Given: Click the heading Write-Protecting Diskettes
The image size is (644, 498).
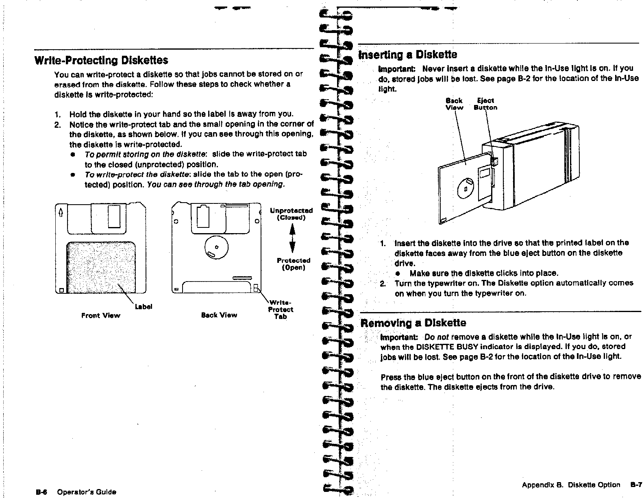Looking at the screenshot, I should (101, 61).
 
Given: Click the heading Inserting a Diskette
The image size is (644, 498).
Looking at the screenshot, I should (407, 55).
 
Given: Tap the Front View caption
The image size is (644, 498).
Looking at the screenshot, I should (100, 315).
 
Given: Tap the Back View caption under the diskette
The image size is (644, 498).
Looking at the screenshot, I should (219, 315).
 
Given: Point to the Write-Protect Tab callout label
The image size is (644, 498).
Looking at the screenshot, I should (281, 310).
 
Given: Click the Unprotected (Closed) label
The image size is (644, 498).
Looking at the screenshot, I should (292, 214).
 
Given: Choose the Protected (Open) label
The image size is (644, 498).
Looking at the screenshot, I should (293, 264).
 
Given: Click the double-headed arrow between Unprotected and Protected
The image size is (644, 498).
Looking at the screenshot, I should (292, 239).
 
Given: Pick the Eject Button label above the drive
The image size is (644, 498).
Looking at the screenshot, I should (485, 104).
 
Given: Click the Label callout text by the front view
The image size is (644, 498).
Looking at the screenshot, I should (144, 307).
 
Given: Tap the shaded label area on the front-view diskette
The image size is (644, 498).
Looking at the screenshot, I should (101, 267).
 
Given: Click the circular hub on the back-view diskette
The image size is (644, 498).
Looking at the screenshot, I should (216, 247).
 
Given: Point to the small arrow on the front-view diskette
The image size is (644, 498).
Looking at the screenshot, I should (61, 212).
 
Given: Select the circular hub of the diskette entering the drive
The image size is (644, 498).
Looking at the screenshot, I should (466, 188).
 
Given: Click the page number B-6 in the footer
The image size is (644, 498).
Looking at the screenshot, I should (42, 492).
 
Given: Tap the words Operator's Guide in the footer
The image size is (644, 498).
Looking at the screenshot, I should (87, 492).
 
